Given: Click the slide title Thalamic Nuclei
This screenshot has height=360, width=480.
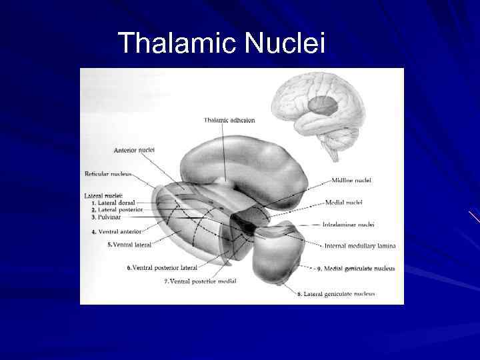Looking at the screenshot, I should (221, 44).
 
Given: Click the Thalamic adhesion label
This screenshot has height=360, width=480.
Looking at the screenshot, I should (229, 120).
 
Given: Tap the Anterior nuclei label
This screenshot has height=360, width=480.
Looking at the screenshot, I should (134, 150).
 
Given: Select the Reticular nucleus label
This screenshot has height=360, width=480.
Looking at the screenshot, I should (109, 174).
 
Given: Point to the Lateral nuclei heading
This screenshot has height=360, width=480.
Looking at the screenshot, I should (103, 195).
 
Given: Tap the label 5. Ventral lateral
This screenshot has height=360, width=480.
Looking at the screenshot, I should (130, 245).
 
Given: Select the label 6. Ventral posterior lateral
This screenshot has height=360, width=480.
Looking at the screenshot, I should (162, 268).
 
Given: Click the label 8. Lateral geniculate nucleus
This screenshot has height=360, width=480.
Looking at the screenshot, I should (336, 293).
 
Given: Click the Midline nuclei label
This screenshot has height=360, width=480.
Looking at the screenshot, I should (351, 180).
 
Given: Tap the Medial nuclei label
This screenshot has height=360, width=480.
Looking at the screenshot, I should (343, 202).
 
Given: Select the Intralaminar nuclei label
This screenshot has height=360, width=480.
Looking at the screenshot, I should (348, 225).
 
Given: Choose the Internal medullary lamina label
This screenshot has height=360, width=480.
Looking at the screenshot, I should (359, 245).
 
